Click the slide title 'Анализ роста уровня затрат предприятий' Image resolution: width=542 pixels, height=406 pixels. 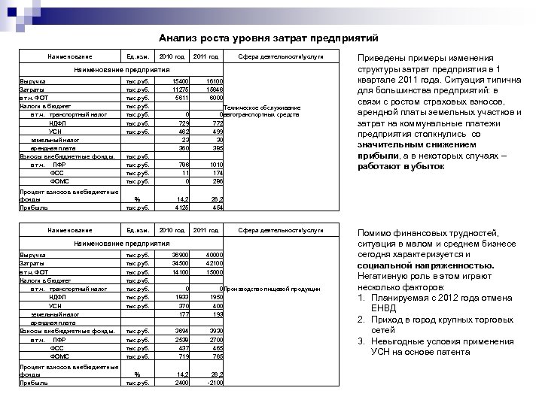click(x=268, y=38)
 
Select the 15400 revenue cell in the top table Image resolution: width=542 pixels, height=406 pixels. click(x=181, y=81)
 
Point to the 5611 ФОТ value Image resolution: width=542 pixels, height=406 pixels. click(x=181, y=98)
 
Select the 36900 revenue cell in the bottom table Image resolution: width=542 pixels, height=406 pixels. click(x=180, y=256)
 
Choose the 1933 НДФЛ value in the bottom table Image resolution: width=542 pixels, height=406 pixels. click(x=181, y=297)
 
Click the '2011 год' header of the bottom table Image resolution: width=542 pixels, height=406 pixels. click(x=205, y=229)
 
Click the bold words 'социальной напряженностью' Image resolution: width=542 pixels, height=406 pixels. click(x=428, y=265)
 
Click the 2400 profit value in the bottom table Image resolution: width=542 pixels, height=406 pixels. click(x=181, y=382)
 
